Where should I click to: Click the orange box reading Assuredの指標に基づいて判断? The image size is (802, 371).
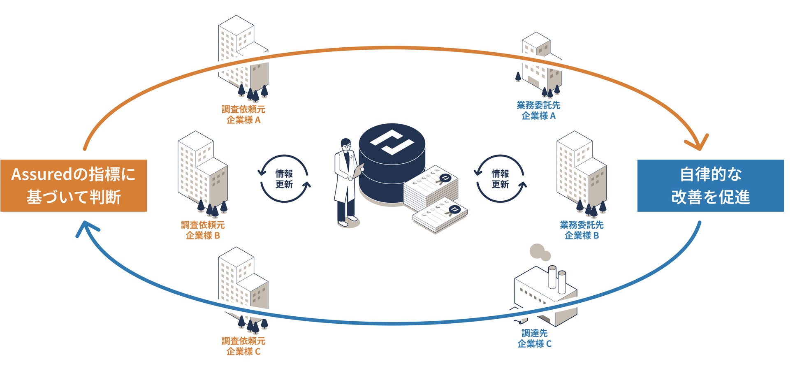click(74, 185)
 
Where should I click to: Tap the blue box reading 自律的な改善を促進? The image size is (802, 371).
click(710, 185)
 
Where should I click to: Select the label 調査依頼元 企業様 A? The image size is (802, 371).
click(243, 115)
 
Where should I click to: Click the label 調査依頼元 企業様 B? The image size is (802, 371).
click(203, 230)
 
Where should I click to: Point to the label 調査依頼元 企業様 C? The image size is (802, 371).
click(243, 346)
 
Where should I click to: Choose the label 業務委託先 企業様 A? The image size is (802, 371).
click(538, 111)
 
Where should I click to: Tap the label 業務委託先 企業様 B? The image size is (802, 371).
click(582, 230)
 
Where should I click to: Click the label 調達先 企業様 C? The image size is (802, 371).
click(534, 339)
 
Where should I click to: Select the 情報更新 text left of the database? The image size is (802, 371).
click(284, 179)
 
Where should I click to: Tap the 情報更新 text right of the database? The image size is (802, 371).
click(500, 179)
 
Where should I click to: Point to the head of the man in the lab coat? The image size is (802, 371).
click(346, 144)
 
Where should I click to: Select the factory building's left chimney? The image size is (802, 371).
click(552, 276)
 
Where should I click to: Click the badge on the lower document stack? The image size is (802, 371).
click(454, 210)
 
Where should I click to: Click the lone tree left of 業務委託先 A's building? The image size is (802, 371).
click(518, 77)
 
